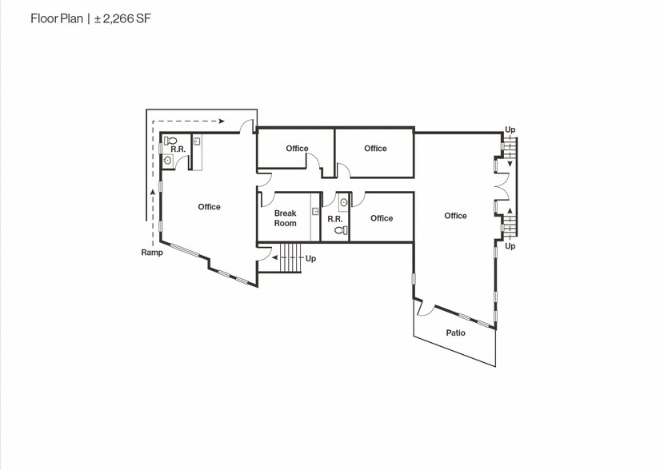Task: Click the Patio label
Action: pyautogui.click(x=455, y=333)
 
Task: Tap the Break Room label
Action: pyautogui.click(x=286, y=218)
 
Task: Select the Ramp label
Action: pyautogui.click(x=152, y=253)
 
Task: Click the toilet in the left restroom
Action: pyautogui.click(x=170, y=141)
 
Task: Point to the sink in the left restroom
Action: pyautogui.click(x=167, y=160)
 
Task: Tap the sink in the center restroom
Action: pyautogui.click(x=344, y=203)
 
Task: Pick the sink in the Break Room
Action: pyautogui.click(x=315, y=212)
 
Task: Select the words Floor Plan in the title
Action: pyautogui.click(x=57, y=19)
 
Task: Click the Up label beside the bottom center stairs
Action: pyautogui.click(x=310, y=258)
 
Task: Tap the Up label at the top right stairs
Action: pyautogui.click(x=510, y=130)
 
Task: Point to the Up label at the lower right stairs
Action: pyautogui.click(x=510, y=246)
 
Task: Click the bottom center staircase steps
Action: pyautogui.click(x=290, y=257)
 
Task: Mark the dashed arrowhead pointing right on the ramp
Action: pyautogui.click(x=222, y=121)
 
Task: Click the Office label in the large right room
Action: pyautogui.click(x=455, y=216)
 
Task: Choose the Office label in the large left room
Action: pyautogui.click(x=209, y=207)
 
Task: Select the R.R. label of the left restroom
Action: pyautogui.click(x=178, y=149)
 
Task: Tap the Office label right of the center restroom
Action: pyautogui.click(x=382, y=218)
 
